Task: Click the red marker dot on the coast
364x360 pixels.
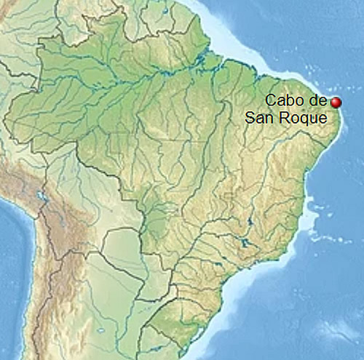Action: pos(336,103)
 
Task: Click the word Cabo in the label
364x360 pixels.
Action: pos(280,100)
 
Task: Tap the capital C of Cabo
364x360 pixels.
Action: pos(270,100)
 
